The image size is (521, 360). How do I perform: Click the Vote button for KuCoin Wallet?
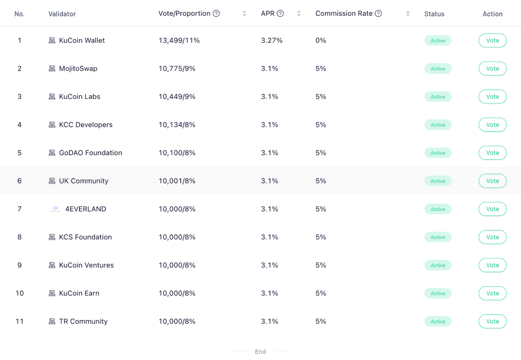click(x=492, y=40)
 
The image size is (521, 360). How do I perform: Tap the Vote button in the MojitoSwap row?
click(x=492, y=69)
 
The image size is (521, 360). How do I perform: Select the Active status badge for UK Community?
click(x=438, y=181)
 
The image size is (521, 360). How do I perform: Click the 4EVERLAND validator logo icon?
click(x=55, y=209)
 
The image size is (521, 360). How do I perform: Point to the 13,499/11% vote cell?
click(x=179, y=40)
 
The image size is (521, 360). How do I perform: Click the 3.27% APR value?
click(x=271, y=40)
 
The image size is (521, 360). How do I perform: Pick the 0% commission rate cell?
click(x=321, y=40)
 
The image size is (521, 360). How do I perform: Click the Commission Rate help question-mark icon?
click(x=378, y=14)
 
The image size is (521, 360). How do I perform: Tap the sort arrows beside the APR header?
click(x=299, y=14)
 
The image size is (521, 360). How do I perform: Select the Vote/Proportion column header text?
click(x=184, y=14)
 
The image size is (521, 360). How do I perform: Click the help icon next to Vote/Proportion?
click(x=216, y=14)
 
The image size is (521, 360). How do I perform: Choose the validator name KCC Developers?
click(x=85, y=125)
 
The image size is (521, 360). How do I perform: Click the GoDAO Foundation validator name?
click(x=90, y=153)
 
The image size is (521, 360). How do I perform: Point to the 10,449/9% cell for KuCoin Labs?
click(x=177, y=97)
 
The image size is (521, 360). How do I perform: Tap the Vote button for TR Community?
click(x=492, y=321)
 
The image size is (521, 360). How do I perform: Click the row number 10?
click(x=20, y=293)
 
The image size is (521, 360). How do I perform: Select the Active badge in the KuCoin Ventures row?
click(x=438, y=265)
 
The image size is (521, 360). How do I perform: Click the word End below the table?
click(x=260, y=352)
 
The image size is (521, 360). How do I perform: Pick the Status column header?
click(x=434, y=14)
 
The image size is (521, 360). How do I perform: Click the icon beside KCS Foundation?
click(x=52, y=237)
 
